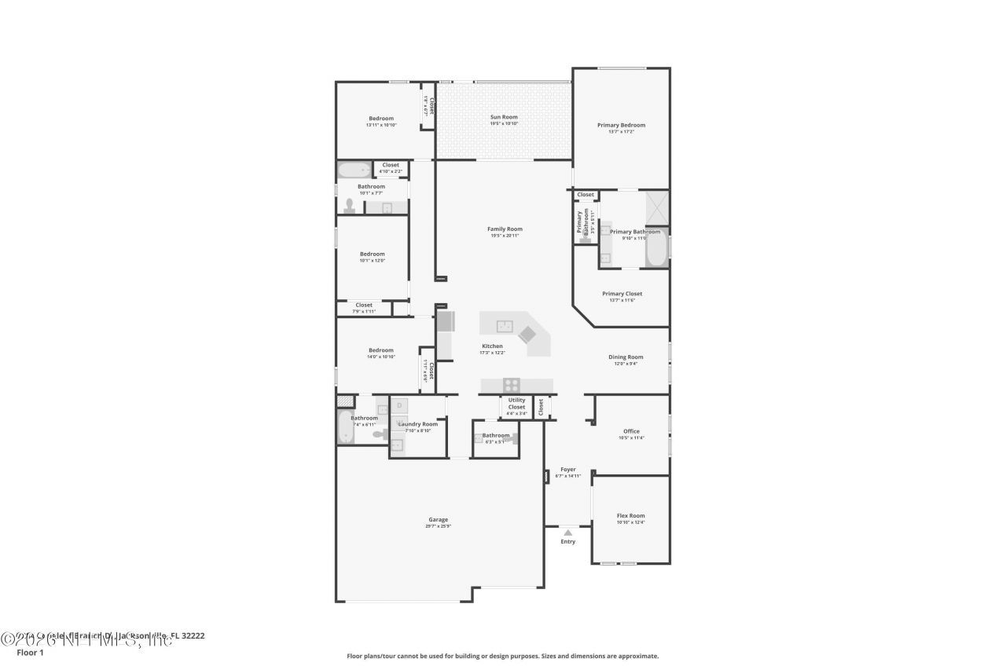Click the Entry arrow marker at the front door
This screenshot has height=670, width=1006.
point(567,533)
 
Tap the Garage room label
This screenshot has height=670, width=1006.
point(438,519)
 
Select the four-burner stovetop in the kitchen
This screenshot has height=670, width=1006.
point(512,385)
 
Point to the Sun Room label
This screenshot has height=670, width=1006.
point(504,117)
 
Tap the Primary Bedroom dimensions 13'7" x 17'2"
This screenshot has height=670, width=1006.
point(621,132)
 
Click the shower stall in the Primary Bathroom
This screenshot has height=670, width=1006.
point(656,208)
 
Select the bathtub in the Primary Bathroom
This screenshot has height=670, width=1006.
point(656,247)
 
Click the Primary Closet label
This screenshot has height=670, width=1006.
point(622,294)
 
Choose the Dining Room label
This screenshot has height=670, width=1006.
point(626,357)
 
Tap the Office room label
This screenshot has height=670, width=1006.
point(631,431)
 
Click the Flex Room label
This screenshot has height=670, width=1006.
point(630,516)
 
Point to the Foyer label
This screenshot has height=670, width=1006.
point(567,470)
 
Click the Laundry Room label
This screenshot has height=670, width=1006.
point(417,424)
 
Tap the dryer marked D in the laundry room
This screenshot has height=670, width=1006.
point(399,405)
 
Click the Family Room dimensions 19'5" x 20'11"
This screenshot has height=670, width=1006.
point(504,236)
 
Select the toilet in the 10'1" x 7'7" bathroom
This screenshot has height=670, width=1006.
point(350,206)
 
